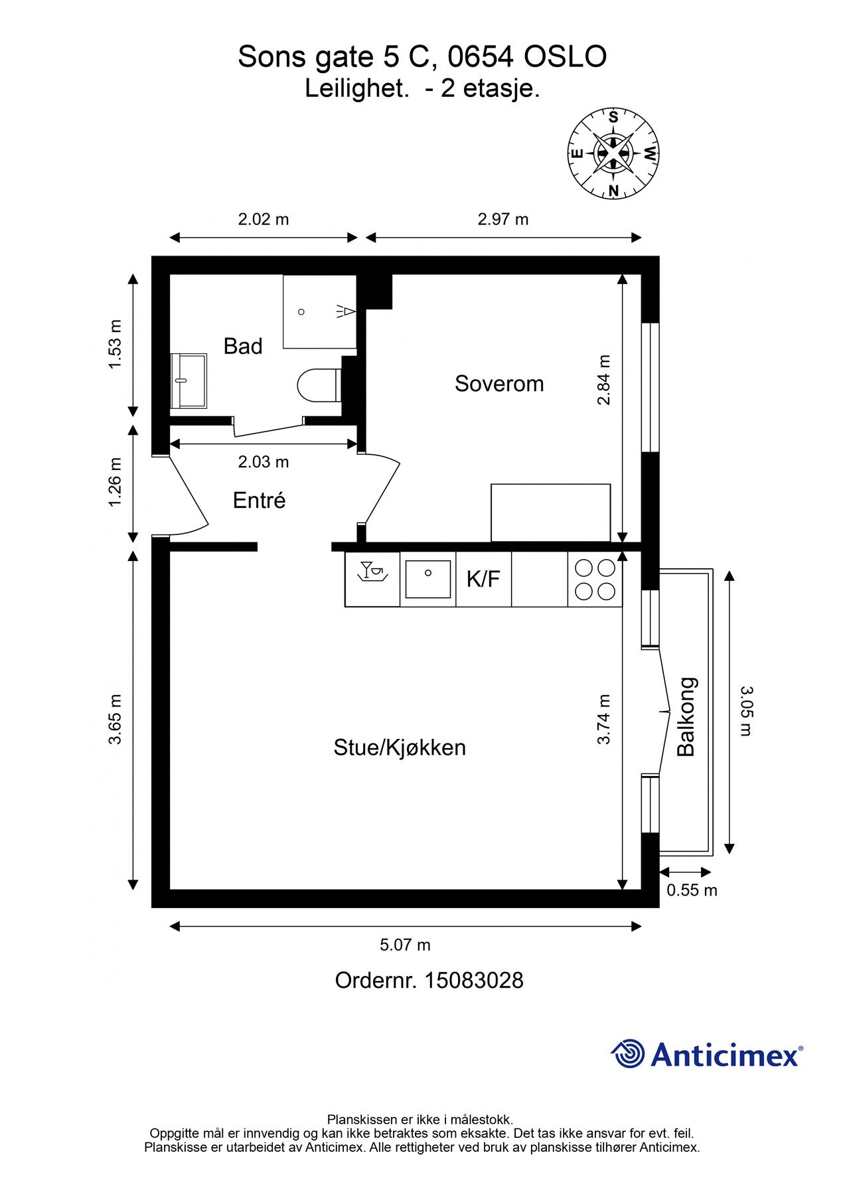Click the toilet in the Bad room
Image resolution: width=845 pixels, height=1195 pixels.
(x=319, y=384)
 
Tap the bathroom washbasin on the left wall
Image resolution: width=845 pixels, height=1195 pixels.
(x=189, y=380)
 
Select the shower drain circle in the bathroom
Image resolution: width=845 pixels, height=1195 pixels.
(x=301, y=311)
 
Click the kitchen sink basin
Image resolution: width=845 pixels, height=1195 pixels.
(x=428, y=579)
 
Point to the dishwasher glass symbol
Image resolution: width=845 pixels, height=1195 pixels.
(x=372, y=572)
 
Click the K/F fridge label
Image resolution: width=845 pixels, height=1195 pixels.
(x=483, y=579)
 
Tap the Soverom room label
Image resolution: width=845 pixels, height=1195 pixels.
(x=499, y=384)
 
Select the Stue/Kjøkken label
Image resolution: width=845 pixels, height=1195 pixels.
(x=400, y=748)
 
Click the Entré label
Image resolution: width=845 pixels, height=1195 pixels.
(x=259, y=500)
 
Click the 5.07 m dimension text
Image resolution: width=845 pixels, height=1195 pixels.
(x=405, y=945)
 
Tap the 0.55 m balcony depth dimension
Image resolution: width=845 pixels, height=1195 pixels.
(x=692, y=890)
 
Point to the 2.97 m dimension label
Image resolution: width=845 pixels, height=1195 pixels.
(x=503, y=219)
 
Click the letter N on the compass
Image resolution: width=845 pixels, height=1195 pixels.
(x=613, y=191)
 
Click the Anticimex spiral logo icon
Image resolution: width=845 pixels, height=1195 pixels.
(x=628, y=1054)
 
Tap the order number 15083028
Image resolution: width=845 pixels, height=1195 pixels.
(x=473, y=981)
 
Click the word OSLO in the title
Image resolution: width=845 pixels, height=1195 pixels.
(x=566, y=57)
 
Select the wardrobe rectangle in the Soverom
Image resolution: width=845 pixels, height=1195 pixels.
(x=550, y=513)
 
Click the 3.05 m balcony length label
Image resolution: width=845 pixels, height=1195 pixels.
(x=747, y=711)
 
